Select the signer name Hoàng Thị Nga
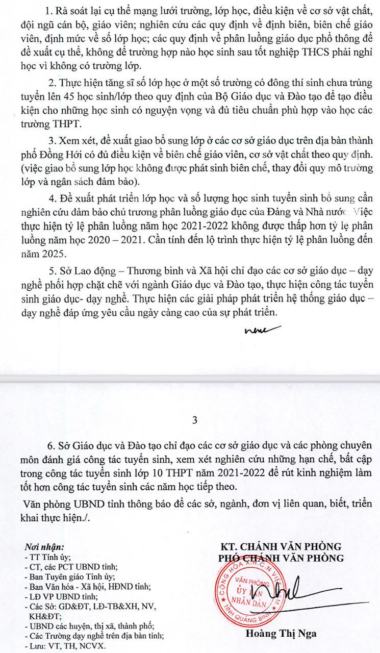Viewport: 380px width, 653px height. coord(282,634)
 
